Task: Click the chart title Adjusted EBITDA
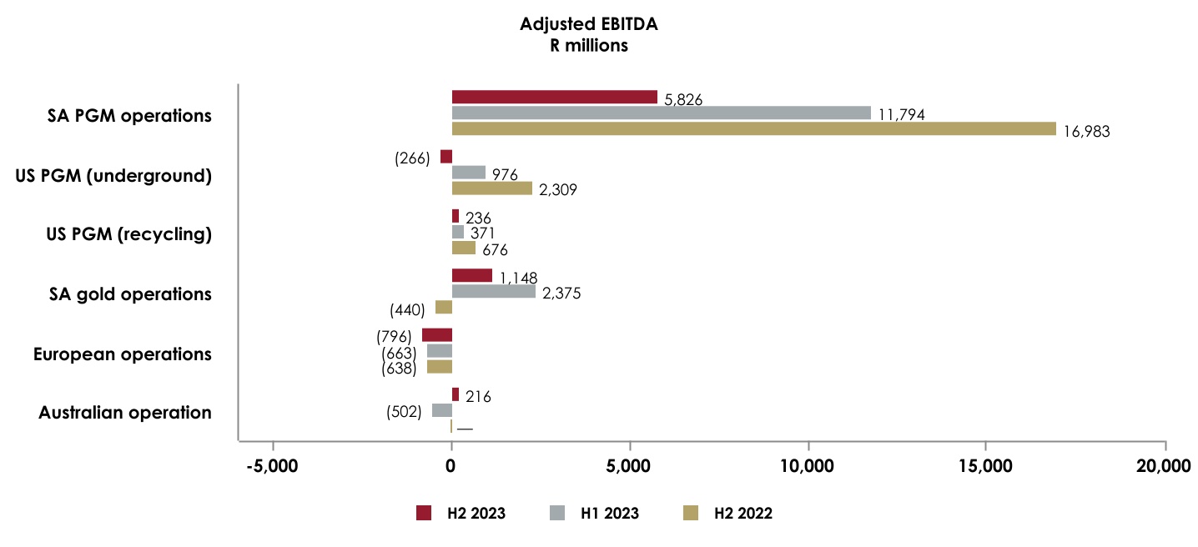(588, 25)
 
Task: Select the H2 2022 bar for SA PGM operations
(753, 128)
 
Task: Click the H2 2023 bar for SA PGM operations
(554, 97)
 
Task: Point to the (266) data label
(412, 158)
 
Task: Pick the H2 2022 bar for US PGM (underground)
(491, 188)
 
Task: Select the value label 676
(495, 249)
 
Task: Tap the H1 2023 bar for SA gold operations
(493, 292)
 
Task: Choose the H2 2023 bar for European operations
(436, 335)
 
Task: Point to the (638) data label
(399, 368)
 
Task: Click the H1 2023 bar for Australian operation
(441, 410)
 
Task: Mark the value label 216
(477, 397)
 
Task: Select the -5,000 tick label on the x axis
(273, 466)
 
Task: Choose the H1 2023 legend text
(610, 514)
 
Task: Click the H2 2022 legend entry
(727, 514)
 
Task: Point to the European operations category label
(122, 354)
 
